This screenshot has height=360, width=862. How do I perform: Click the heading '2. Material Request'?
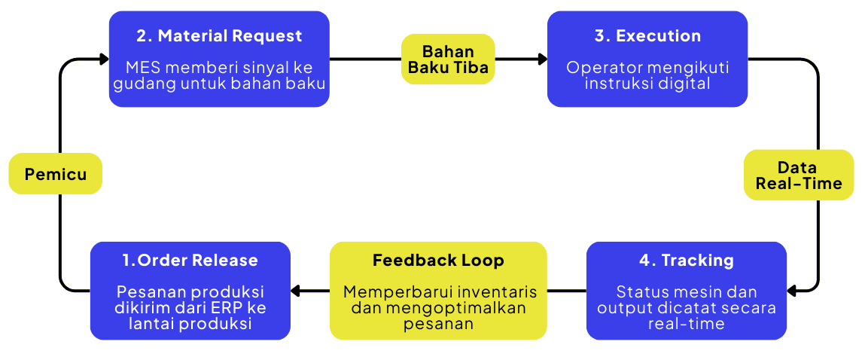tap(219, 36)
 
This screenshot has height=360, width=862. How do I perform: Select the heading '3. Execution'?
tap(647, 36)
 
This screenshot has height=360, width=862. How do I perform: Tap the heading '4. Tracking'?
tap(686, 261)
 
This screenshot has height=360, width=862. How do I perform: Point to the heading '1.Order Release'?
tap(190, 261)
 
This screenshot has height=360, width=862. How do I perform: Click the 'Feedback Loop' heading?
tap(438, 261)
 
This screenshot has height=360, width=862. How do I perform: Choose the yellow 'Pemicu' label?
tap(55, 175)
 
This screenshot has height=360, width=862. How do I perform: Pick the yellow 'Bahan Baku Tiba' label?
tap(448, 59)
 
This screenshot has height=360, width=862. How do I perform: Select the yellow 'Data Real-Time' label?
tap(798, 175)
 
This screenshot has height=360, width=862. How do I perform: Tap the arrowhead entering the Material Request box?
tap(104, 59)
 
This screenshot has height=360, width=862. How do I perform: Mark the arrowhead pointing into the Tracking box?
tap(792, 290)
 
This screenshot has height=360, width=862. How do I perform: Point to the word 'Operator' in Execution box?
tap(599, 67)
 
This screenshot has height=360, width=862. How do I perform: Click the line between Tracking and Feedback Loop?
tap(566, 290)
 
